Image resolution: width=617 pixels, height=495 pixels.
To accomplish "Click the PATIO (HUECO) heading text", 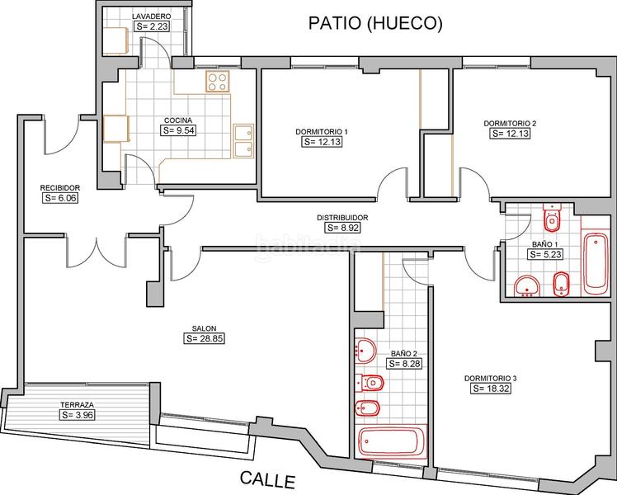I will tap(374, 24).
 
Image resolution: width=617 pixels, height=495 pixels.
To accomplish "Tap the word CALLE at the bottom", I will tap(266, 478).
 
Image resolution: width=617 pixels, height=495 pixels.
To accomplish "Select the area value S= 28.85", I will tap(205, 338).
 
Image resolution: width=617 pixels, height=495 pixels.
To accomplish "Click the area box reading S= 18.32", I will tap(487, 388).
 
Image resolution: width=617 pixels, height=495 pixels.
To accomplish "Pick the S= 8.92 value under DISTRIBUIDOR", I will tap(342, 228).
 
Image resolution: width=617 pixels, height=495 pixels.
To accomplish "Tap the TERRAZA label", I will tap(76, 405).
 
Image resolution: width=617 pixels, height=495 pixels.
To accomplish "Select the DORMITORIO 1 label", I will tap(322, 132).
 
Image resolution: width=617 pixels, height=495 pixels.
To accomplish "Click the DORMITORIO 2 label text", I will tap(510, 123).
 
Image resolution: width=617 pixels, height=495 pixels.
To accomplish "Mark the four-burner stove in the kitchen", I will tap(218, 81).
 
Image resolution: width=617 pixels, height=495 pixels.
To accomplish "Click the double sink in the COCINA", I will tap(243, 141).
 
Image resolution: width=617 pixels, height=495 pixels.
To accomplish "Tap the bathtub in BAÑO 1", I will tap(594, 263).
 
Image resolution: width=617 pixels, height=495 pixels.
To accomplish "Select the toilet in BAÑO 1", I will tap(552, 219).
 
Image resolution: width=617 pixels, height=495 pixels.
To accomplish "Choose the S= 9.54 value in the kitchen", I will tap(179, 130).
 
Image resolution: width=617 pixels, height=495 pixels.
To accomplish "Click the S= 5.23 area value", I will tap(545, 255).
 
